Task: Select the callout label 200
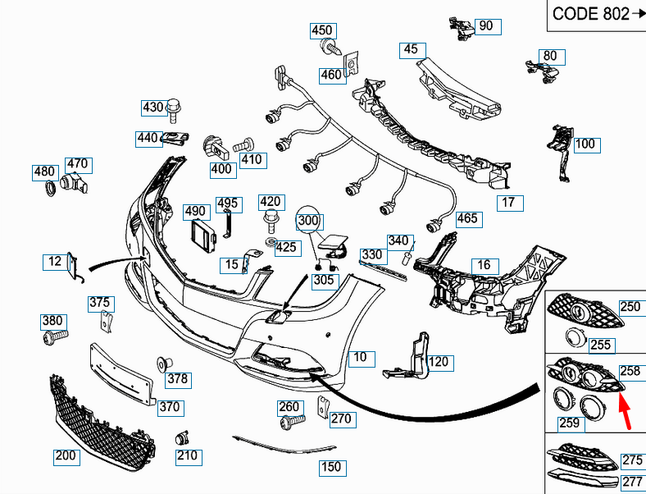tap(66, 456)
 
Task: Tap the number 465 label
tap(467, 219)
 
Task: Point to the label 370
tap(170, 407)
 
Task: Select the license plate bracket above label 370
tap(121, 373)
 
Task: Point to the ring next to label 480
tap(49, 190)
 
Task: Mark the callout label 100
tap(585, 145)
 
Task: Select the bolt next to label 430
tap(173, 107)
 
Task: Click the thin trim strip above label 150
tap(283, 444)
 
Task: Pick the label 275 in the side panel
tap(632, 460)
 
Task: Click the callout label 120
tap(439, 362)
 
